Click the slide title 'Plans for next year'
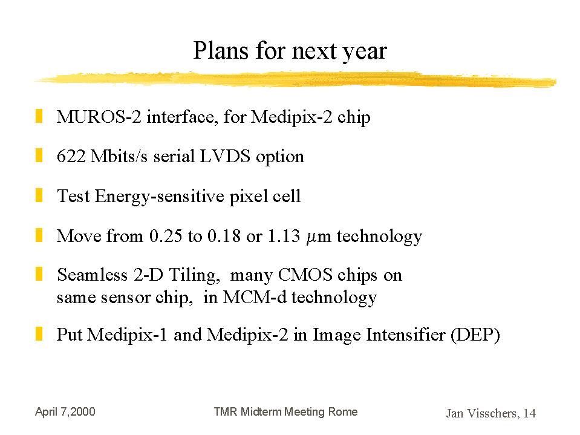[x=290, y=51]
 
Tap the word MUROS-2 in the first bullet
[x=99, y=117]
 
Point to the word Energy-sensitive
[x=160, y=196]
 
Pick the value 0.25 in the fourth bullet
[x=165, y=235]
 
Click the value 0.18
[x=224, y=235]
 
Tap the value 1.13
[x=283, y=235]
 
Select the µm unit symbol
[x=319, y=237]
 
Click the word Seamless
[x=92, y=275]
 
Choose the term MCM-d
[x=255, y=297]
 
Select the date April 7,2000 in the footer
[x=65, y=411]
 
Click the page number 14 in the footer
[x=529, y=413]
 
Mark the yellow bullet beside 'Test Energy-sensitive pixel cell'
[x=39, y=195]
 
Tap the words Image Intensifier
[x=379, y=335]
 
